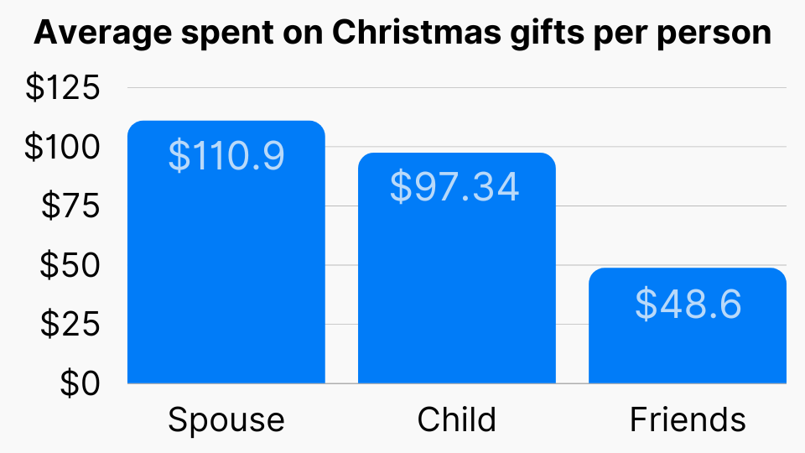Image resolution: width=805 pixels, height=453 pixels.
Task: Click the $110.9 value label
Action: (x=226, y=156)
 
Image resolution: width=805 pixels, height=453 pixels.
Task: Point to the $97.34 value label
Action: (x=454, y=187)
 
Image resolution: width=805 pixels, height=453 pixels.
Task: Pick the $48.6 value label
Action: (x=688, y=304)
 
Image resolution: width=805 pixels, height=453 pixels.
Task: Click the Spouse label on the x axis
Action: (x=226, y=419)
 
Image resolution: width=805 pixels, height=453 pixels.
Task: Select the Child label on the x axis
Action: (x=456, y=419)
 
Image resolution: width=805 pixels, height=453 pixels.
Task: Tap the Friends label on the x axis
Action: (x=688, y=419)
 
